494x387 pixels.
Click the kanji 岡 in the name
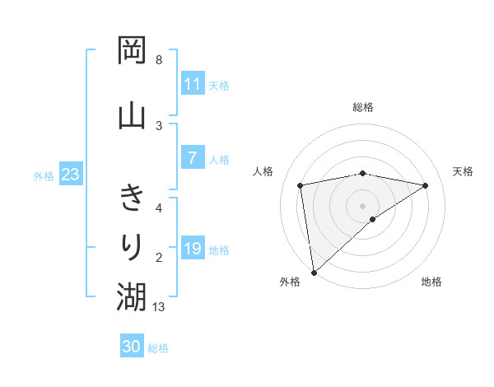coord(132,50)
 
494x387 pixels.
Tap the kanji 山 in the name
coord(132,114)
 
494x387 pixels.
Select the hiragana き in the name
coord(132,198)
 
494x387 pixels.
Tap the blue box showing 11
coord(192,83)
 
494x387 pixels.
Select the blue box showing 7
coord(192,159)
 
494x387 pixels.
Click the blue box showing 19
coord(192,249)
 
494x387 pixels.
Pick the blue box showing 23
coord(70,175)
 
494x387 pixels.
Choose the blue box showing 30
coord(132,347)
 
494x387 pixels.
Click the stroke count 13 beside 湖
coord(160,307)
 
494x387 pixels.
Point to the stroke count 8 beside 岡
coord(159,60)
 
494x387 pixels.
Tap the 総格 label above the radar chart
coord(363,107)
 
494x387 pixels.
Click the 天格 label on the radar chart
coord(464,171)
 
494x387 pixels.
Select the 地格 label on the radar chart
coord(431,282)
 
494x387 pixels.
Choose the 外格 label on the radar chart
coord(290,282)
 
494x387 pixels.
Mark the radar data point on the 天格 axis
coord(426,185)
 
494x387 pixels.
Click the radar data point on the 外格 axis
coord(313,272)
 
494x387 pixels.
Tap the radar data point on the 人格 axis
coord(301,185)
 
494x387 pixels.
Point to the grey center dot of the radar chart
coord(363,204)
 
